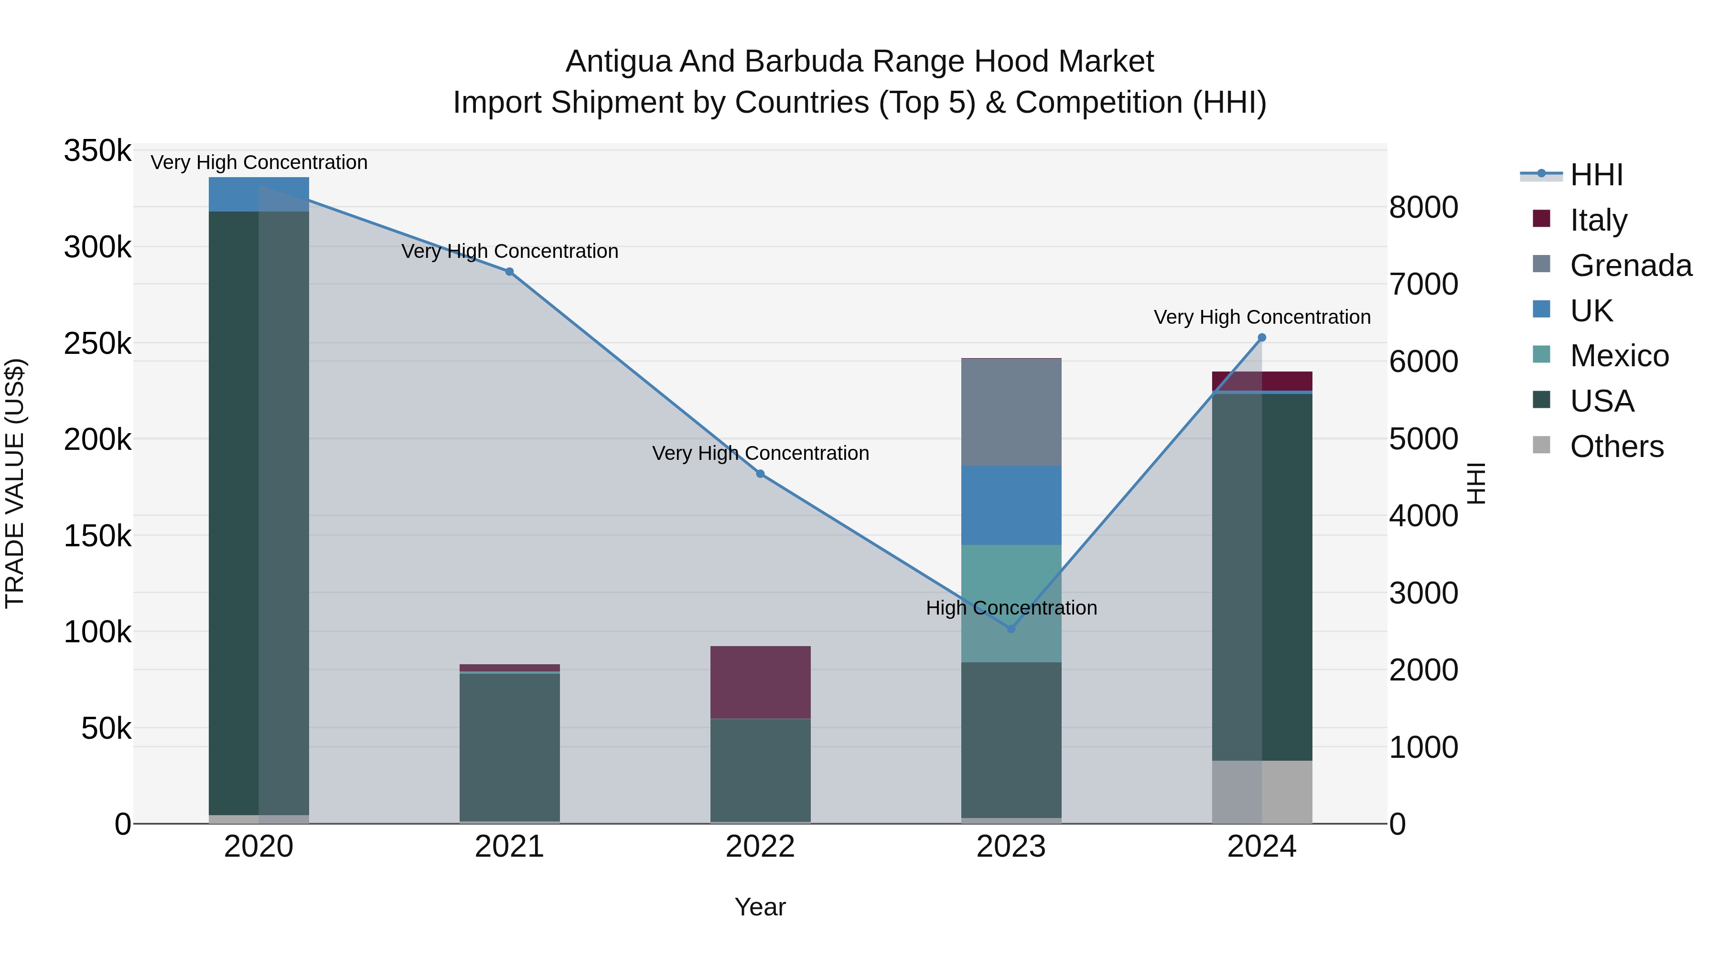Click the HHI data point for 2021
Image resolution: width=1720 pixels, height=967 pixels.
point(509,272)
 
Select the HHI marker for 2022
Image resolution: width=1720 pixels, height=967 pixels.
point(760,474)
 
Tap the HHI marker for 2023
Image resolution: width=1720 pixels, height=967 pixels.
point(1011,628)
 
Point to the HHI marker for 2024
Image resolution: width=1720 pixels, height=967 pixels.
point(1261,338)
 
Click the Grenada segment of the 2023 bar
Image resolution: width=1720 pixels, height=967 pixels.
point(1011,413)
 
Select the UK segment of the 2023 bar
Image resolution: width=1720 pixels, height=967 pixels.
point(1011,505)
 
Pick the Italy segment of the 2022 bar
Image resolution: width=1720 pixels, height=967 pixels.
point(760,682)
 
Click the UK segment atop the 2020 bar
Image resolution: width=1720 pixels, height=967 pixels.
point(259,194)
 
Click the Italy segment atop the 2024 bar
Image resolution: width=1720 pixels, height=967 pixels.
point(1261,381)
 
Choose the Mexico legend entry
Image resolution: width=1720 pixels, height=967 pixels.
point(1619,356)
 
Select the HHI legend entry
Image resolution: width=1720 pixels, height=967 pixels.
point(1595,175)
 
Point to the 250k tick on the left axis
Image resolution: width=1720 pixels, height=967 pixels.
point(97,344)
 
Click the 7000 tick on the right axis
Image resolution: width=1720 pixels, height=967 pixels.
point(1424,284)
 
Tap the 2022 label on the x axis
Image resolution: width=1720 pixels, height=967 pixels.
point(760,847)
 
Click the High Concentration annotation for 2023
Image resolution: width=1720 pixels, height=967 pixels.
point(1011,608)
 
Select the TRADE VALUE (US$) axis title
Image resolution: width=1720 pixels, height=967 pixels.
point(15,483)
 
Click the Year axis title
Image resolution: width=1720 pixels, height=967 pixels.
point(760,907)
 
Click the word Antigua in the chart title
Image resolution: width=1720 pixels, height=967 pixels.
point(618,62)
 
